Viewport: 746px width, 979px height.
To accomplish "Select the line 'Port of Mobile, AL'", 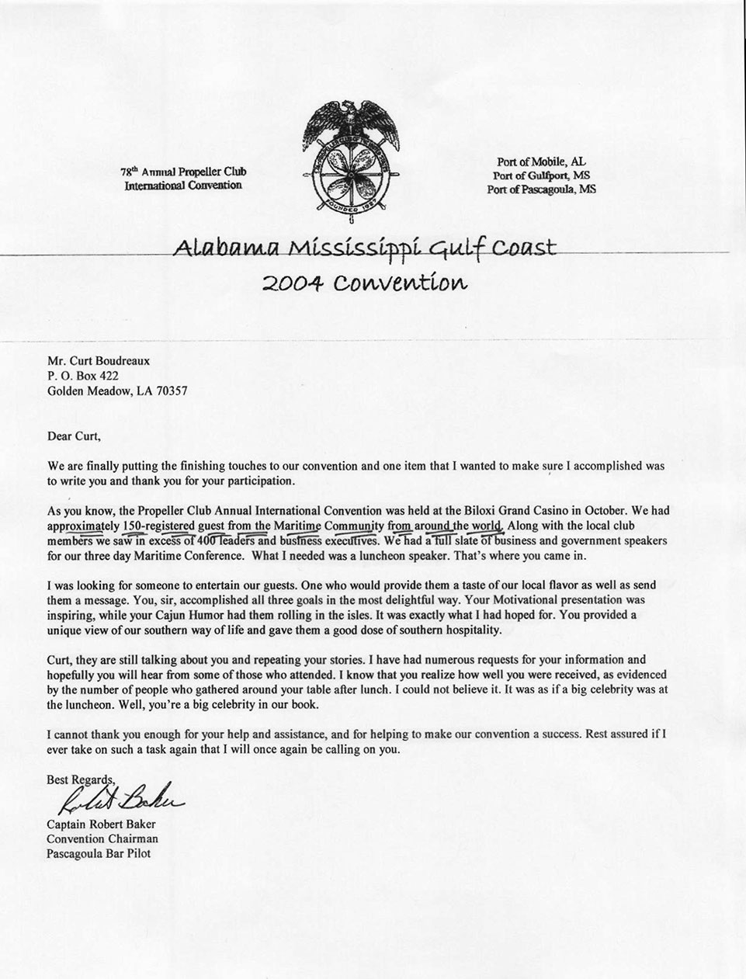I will (541, 161).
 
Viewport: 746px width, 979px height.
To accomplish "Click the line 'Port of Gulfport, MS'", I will (541, 175).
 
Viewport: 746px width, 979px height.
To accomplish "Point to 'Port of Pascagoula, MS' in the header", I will (541, 189).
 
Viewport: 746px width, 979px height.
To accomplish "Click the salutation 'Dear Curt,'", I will (74, 436).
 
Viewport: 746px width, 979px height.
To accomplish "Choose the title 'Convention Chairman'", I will (102, 838).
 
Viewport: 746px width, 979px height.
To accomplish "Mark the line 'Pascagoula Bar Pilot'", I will (99, 853).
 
